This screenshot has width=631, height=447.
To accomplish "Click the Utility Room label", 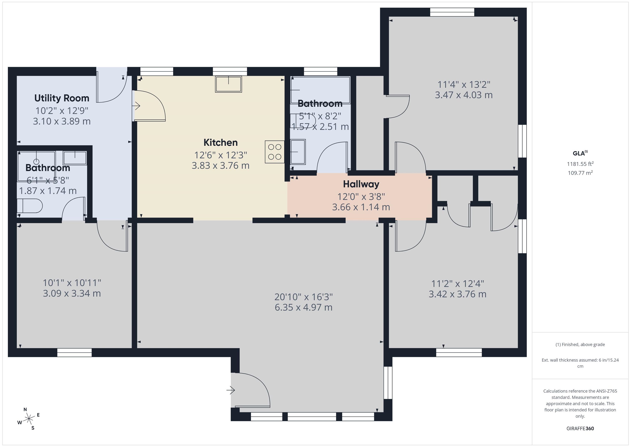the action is (62, 98).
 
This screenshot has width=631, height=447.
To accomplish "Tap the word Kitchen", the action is (220, 142).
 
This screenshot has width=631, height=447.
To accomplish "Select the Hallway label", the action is (361, 184).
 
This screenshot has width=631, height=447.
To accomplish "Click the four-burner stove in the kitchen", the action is (275, 152).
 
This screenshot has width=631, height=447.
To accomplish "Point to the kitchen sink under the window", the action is (228, 84).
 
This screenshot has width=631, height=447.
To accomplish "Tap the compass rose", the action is (29, 419).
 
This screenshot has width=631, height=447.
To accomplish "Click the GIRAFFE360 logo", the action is (580, 428).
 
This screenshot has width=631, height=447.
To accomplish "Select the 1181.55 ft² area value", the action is (580, 164).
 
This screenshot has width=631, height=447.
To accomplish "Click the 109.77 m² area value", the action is (580, 173).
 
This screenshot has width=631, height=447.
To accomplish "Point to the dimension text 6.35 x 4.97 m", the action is (303, 307).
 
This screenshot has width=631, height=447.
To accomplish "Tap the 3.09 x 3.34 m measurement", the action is (72, 293).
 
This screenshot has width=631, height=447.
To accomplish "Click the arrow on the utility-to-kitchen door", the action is (136, 106).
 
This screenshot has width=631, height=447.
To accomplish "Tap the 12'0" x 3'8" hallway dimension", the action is (361, 196).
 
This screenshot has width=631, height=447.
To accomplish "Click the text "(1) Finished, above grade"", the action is (580, 344).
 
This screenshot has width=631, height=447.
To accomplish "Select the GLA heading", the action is (580, 153).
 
